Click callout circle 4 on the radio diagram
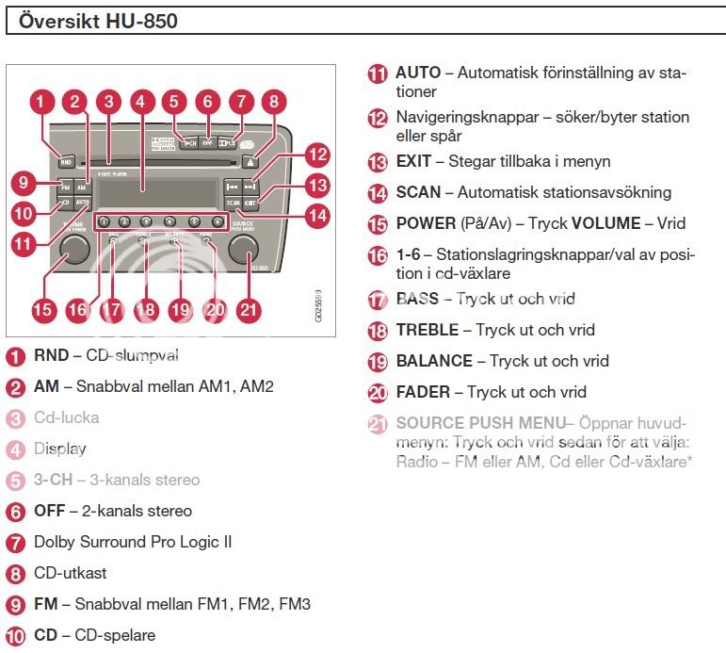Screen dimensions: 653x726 coord(143,102)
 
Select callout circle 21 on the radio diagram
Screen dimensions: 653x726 coord(249,309)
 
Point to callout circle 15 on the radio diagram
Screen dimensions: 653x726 coord(43,309)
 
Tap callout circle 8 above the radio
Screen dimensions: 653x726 coord(273,102)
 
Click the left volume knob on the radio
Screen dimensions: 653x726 coord(73,249)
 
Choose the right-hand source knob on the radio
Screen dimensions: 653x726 coord(242,247)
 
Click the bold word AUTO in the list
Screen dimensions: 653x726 coord(418,73)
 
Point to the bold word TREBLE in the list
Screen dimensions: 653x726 coord(428,331)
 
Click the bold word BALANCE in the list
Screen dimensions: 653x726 coord(434,362)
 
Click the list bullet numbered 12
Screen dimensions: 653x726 coord(378,119)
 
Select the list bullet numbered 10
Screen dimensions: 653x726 coord(16,636)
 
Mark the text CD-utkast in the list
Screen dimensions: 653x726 coord(71,573)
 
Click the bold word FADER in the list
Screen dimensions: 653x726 coord(423,393)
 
